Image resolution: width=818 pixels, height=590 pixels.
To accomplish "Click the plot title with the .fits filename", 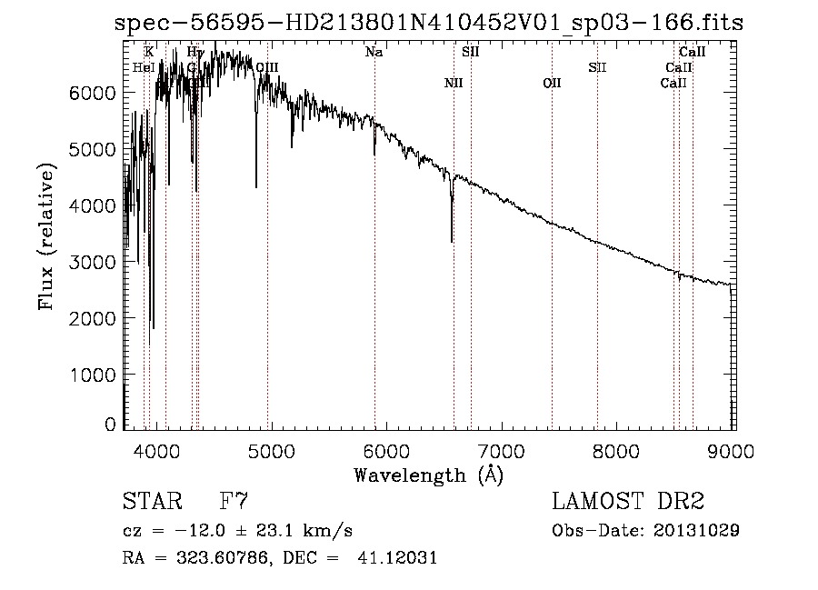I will tap(428, 23).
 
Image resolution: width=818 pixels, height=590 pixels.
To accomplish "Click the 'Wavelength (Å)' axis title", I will tap(428, 475).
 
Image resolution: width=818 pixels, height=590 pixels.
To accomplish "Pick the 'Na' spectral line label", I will tap(374, 53).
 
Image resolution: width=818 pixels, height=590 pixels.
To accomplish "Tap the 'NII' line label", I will tap(454, 84).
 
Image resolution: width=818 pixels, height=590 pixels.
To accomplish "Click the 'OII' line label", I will tap(552, 84).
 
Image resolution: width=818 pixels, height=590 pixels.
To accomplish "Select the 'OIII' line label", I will tap(266, 67).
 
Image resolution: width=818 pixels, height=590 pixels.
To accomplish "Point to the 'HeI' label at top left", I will tap(143, 67).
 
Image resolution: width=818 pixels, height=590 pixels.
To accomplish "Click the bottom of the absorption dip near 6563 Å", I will tap(452, 241).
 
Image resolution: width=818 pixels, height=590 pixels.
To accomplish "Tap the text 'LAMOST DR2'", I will tap(628, 502).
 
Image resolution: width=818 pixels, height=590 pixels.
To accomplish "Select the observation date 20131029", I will tap(698, 530).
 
